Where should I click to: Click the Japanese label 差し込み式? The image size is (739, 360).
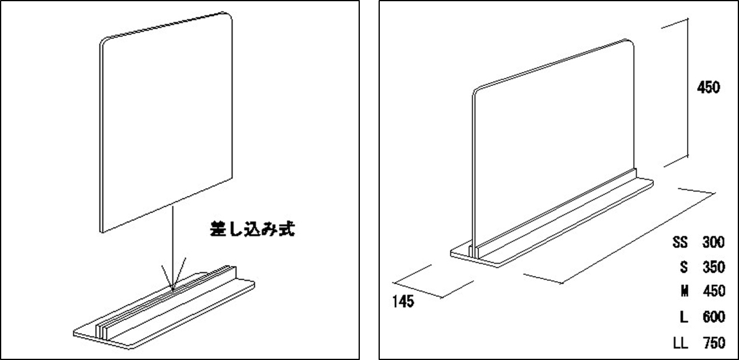[x=252, y=229]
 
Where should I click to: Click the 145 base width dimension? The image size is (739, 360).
[x=403, y=301]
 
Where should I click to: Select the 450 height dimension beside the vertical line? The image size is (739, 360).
[x=708, y=88]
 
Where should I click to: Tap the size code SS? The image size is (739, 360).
[x=680, y=242]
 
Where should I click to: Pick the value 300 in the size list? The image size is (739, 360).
[x=713, y=242]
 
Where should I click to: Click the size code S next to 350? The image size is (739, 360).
[x=684, y=267]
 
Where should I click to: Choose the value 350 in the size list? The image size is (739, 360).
[x=714, y=267]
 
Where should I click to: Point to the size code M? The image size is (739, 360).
[x=684, y=291]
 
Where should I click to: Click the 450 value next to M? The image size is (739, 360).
[x=714, y=291]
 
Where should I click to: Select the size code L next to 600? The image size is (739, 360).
[x=684, y=317]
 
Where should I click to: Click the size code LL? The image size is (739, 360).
[x=680, y=343]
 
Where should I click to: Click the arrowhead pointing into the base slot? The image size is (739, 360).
[x=173, y=290]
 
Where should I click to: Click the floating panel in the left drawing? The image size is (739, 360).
[x=166, y=122]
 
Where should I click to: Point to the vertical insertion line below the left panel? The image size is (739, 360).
[x=172, y=247]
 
